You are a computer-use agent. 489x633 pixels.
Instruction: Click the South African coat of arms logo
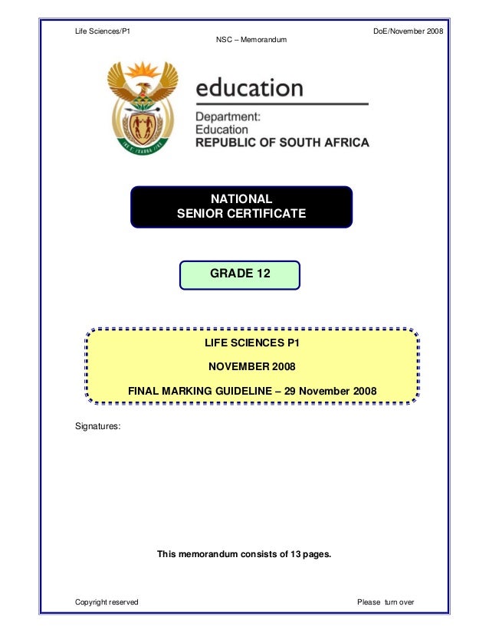[x=143, y=107]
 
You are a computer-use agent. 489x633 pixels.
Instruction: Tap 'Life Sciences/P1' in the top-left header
[x=102, y=30]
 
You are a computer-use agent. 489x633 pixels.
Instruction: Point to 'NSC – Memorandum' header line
[x=252, y=39]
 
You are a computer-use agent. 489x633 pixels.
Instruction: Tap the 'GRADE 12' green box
[x=240, y=274]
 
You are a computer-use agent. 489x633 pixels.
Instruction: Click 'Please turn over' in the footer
[x=386, y=602]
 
